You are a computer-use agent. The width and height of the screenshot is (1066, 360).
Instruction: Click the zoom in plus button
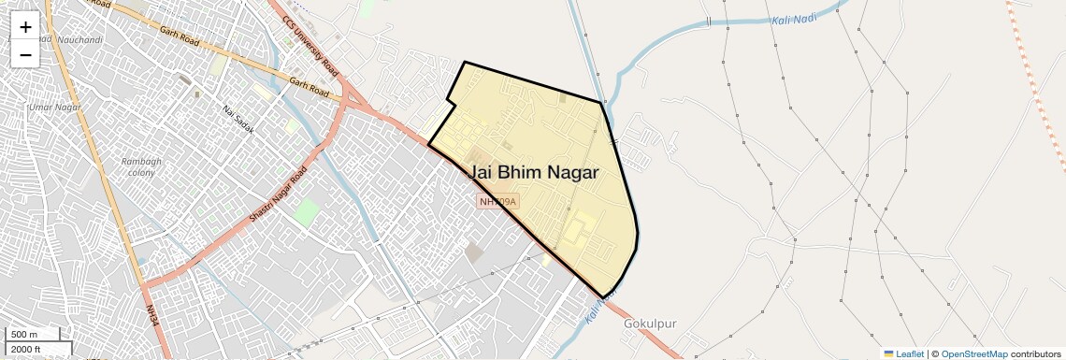click(25, 27)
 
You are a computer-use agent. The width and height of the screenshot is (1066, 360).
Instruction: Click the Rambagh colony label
click(141, 167)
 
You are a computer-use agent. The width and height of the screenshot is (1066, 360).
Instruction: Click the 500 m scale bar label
click(25, 335)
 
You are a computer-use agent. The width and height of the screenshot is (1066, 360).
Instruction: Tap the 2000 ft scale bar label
click(26, 349)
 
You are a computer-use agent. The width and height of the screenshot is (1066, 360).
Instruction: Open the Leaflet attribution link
click(903, 353)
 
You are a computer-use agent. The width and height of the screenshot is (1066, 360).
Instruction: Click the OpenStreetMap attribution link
click(973, 353)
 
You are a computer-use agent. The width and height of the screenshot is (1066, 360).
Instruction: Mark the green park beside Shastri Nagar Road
click(306, 211)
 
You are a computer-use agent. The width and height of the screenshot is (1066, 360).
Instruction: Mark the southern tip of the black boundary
click(603, 298)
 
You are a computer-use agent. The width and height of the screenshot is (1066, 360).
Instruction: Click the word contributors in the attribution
click(1035, 353)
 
